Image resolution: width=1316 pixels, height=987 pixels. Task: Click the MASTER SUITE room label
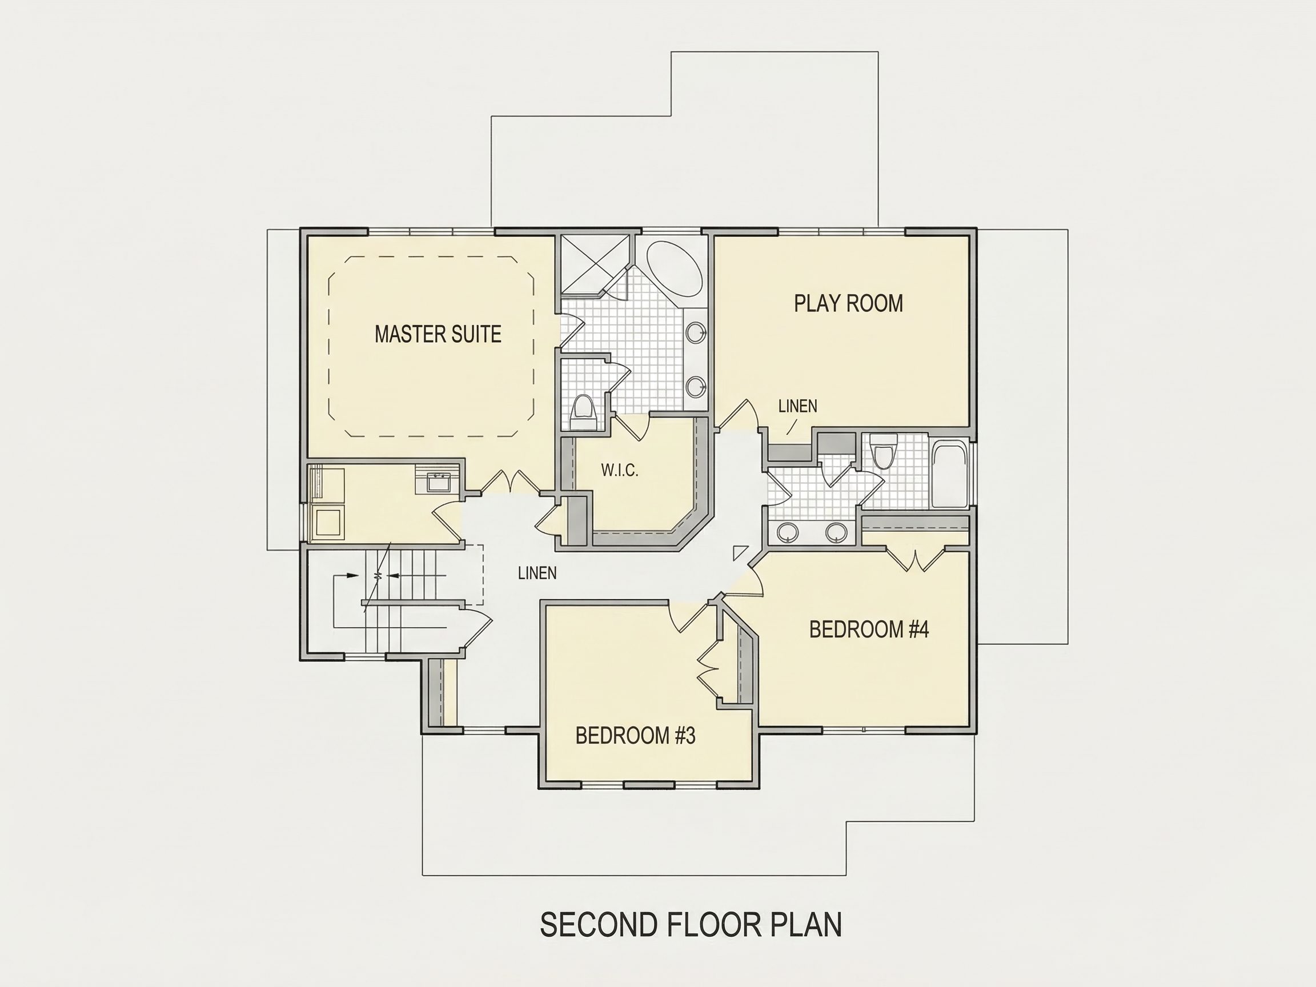(x=438, y=334)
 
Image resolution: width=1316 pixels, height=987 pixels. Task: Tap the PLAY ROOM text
(x=848, y=303)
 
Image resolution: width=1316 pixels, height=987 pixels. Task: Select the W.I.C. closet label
(x=619, y=471)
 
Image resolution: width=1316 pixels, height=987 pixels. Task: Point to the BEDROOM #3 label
(x=635, y=736)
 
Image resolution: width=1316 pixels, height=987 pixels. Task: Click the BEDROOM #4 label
(x=869, y=629)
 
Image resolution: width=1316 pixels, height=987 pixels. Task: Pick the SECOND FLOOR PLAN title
(x=691, y=925)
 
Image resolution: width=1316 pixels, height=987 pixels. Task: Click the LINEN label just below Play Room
(x=798, y=406)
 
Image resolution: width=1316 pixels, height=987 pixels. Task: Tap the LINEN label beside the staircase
(x=537, y=573)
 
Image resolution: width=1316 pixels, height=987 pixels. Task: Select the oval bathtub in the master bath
(x=674, y=268)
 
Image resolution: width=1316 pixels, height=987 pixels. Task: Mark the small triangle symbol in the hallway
(x=739, y=552)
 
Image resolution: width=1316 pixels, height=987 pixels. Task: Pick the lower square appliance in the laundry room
(x=327, y=523)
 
